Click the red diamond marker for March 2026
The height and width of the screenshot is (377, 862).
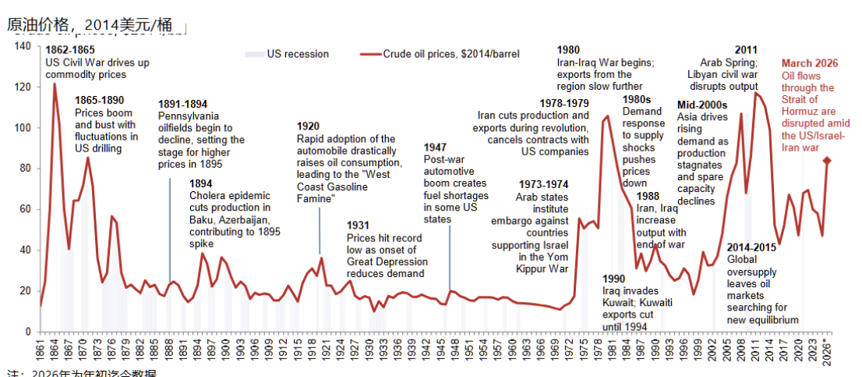tap(828, 161)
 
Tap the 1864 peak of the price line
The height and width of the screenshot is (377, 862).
tap(55, 84)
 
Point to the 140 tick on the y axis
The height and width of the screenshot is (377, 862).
tap(23, 47)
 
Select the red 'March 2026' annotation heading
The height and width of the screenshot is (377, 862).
tap(810, 63)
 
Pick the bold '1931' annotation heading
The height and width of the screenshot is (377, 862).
tap(359, 226)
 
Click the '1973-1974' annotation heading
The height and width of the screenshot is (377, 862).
tap(545, 184)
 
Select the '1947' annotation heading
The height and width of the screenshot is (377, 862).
tap(436, 147)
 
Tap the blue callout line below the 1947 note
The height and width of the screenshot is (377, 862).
tap(448, 258)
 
